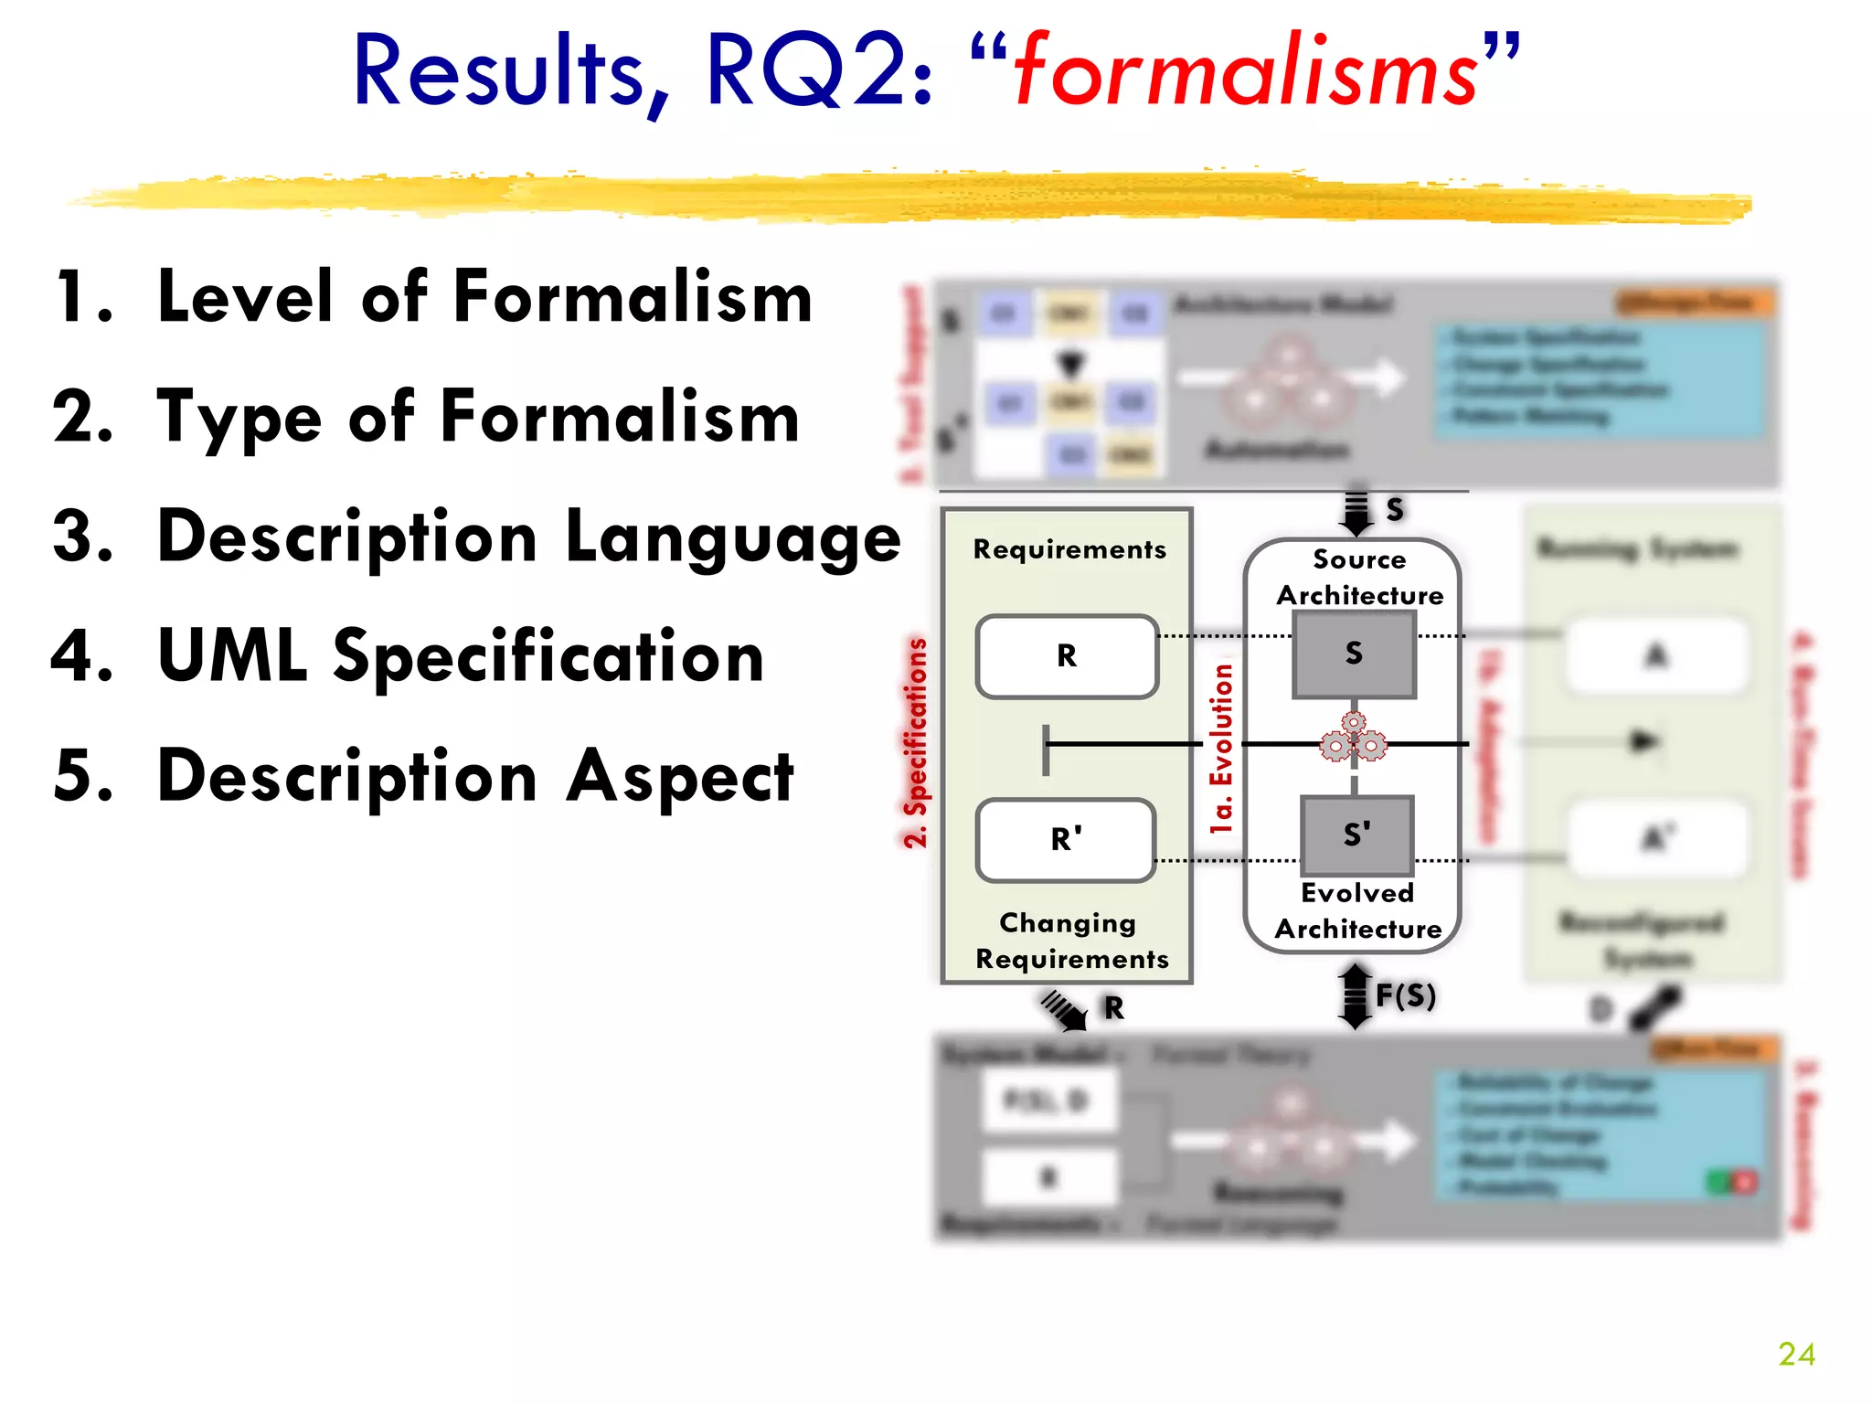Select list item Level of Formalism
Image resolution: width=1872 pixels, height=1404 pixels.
click(484, 297)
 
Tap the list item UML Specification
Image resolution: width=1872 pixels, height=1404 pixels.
click(461, 655)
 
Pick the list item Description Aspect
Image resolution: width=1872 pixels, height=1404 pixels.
click(475, 776)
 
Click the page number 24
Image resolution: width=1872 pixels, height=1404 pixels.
click(1795, 1354)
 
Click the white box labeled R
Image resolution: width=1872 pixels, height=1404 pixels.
click(1067, 656)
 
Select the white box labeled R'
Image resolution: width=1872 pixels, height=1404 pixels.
click(1066, 839)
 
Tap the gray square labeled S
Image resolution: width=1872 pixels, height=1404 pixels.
click(1354, 654)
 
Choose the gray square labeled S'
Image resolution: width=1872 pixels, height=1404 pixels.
click(1356, 835)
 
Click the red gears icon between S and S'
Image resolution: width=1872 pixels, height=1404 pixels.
click(1353, 739)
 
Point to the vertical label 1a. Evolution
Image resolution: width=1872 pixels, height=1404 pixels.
click(1222, 748)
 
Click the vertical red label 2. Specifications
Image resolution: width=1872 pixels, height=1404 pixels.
click(915, 742)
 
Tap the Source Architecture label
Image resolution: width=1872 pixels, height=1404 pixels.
click(1359, 578)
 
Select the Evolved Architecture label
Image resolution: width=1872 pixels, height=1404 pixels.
click(1358, 910)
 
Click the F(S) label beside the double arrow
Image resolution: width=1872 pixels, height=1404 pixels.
click(1405, 994)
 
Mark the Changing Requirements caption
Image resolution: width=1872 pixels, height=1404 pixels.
click(1070, 941)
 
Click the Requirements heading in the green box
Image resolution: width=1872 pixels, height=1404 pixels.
click(1069, 549)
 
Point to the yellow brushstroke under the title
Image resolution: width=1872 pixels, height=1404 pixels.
click(914, 197)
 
